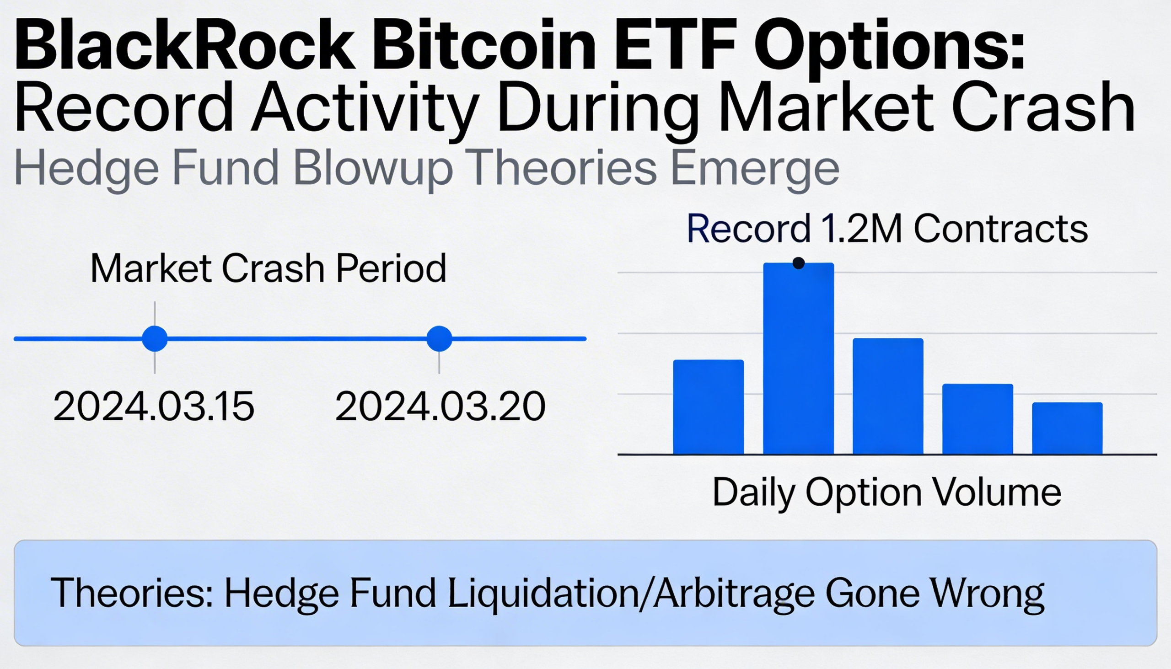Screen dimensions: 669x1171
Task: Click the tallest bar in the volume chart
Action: point(798,359)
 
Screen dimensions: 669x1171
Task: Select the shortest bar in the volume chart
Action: point(1067,428)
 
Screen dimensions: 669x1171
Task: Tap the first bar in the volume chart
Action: point(708,407)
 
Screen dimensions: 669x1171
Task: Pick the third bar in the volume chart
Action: point(888,396)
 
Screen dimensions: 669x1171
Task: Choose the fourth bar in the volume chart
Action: point(978,419)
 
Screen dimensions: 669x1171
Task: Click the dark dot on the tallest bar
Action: point(799,263)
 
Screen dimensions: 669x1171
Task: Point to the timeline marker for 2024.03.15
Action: point(155,339)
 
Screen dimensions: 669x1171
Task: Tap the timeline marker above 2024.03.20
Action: point(440,339)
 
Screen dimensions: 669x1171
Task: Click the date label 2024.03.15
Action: point(154,406)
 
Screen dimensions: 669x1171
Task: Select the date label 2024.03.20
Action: point(440,406)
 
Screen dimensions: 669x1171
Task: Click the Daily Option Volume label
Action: point(886,492)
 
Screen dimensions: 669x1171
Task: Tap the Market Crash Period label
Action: point(269,268)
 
